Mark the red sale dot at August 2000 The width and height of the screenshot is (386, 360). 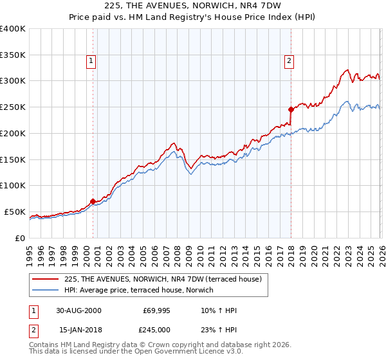pyautogui.click(x=93, y=201)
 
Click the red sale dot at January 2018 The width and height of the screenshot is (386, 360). pyautogui.click(x=291, y=109)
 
